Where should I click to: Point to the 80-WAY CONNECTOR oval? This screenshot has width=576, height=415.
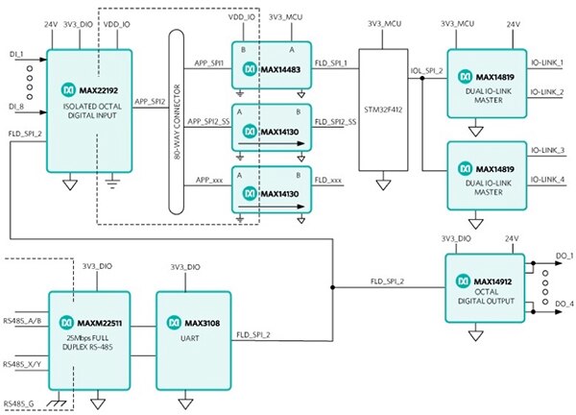(176, 123)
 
